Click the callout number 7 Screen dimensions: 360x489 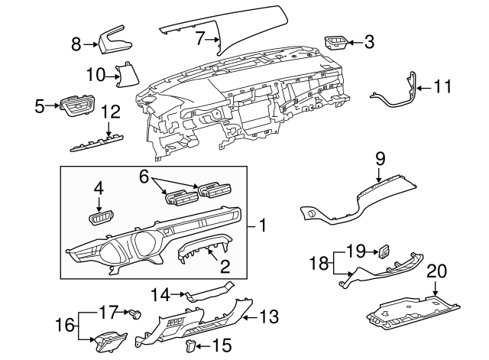point(200,37)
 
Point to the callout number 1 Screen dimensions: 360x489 point(261,225)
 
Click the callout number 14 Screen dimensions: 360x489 point(160,293)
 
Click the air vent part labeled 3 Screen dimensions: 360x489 point(335,42)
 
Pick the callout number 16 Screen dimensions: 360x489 point(66,325)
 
